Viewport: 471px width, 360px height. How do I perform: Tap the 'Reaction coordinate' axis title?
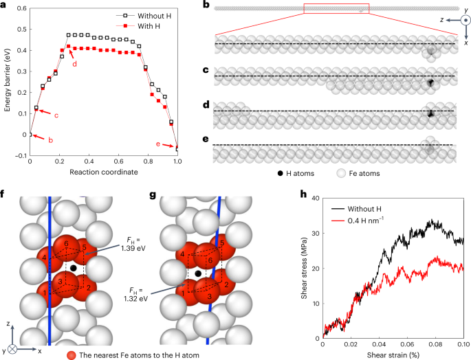(104, 171)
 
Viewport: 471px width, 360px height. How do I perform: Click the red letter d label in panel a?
(74, 63)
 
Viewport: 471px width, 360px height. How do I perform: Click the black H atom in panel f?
(74, 267)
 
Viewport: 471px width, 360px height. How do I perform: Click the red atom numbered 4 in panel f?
(44, 258)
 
